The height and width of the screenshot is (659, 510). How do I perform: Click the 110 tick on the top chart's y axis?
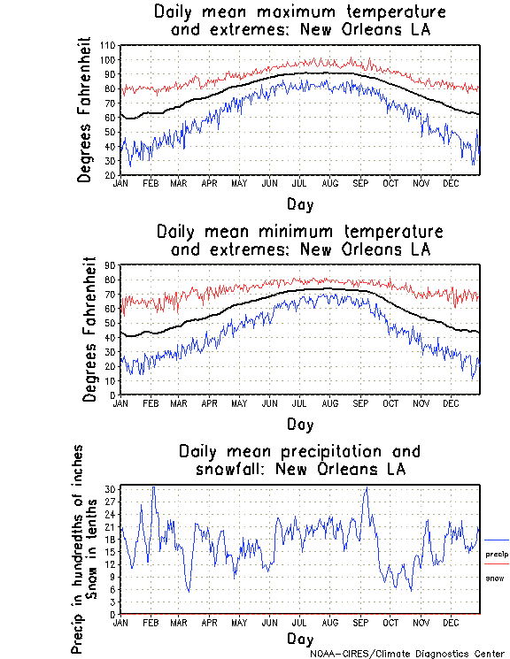pos(107,45)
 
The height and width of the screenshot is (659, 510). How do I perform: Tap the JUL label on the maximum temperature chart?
pos(299,183)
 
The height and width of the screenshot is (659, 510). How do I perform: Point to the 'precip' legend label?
pos(497,554)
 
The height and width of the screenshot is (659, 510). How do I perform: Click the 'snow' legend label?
pos(494,578)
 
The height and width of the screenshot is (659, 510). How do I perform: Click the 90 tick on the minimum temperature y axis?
pos(110,265)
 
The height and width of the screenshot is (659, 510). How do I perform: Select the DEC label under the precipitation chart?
pos(450,622)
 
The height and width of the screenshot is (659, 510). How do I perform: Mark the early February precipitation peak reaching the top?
pos(153,487)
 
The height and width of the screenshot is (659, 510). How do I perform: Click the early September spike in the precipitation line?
pos(366,487)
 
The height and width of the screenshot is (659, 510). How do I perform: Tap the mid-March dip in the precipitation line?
pos(188,590)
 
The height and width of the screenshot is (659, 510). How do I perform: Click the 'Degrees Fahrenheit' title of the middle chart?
pos(89,330)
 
